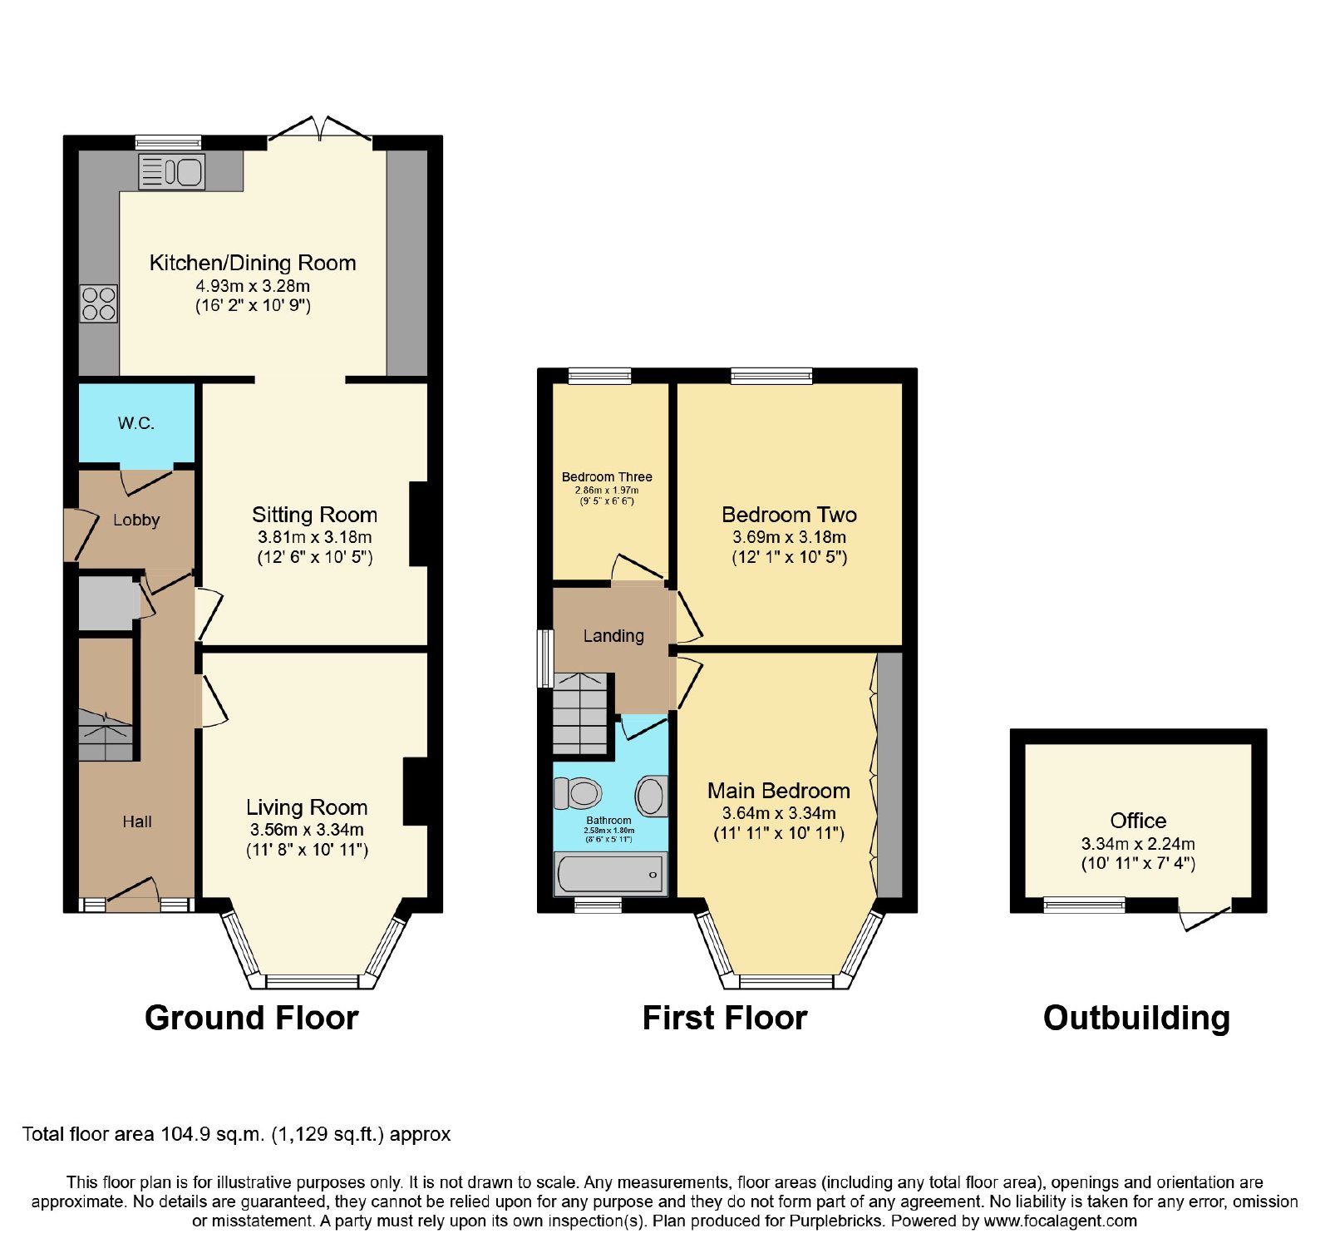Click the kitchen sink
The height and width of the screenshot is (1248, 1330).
[x=171, y=172]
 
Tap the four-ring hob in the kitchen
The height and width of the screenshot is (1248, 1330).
[x=99, y=303]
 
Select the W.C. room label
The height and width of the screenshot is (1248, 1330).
[x=136, y=423]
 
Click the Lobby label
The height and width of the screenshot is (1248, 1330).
[x=136, y=520]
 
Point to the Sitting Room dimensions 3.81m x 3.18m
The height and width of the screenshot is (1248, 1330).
[x=315, y=537]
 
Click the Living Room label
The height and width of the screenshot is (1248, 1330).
[x=307, y=807]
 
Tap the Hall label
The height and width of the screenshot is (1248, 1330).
[x=137, y=821]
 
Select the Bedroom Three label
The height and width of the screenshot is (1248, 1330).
[x=607, y=477]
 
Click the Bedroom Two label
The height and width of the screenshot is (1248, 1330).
[x=789, y=515]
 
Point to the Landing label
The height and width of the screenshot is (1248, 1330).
[x=613, y=636]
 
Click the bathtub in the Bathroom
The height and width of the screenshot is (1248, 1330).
[x=611, y=874]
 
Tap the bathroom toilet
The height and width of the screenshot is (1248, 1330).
[x=579, y=793]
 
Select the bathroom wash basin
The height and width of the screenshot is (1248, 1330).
[x=652, y=796]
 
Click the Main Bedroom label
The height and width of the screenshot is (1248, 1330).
[x=779, y=791]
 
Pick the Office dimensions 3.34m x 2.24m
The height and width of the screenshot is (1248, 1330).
[x=1138, y=844]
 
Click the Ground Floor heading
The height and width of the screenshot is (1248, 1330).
[x=252, y=1019]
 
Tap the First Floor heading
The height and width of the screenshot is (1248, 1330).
[x=725, y=1019]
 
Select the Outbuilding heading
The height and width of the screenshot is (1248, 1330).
[x=1136, y=1019]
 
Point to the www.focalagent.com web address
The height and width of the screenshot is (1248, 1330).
[x=1061, y=1221]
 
